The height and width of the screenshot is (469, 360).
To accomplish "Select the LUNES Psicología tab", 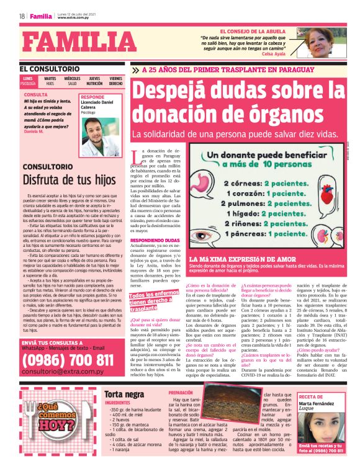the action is tap(28, 81).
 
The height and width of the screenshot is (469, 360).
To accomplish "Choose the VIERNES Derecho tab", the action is tap(116, 81).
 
